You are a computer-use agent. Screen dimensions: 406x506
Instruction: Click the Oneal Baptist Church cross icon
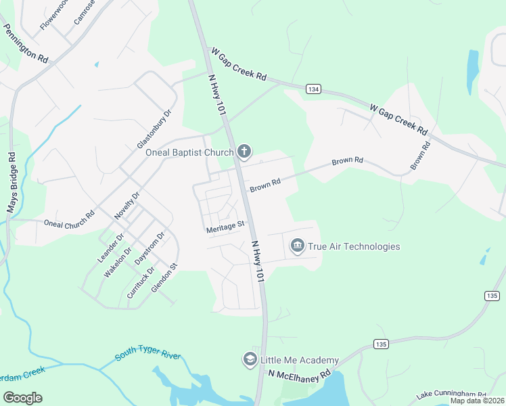244,152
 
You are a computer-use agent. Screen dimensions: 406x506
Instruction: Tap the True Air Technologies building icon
297,246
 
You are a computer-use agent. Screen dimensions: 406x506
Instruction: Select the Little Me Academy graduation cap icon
250,359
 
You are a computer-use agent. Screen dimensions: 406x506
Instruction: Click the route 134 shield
313,89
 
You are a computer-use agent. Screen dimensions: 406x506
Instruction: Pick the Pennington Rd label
26,44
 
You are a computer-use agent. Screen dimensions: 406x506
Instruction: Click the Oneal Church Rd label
68,223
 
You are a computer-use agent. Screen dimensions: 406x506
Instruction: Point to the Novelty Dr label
127,205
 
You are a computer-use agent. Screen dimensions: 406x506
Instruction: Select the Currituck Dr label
141,283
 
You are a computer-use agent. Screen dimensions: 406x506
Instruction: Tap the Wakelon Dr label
116,263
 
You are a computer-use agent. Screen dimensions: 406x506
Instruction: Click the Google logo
22,398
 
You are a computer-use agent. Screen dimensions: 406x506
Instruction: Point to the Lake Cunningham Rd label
451,394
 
